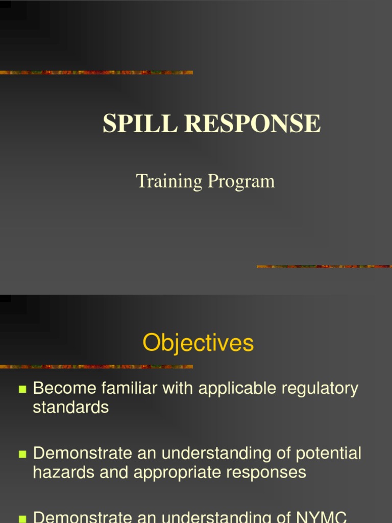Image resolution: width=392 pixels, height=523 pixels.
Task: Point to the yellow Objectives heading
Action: tap(198, 343)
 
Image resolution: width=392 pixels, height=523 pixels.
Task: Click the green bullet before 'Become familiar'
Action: tap(22, 389)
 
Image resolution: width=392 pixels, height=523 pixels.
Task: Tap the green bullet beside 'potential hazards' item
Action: tap(22, 454)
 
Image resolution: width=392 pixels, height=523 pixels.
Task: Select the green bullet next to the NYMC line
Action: tap(22, 518)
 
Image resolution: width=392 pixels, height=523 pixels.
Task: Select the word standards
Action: tap(71, 407)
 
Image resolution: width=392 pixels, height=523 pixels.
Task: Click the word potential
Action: tap(329, 454)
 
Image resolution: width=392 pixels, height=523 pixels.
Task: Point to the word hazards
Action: tap(64, 472)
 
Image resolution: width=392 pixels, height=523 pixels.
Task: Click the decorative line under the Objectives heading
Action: tap(96, 366)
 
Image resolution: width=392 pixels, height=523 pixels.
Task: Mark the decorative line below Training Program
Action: tap(324, 266)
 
